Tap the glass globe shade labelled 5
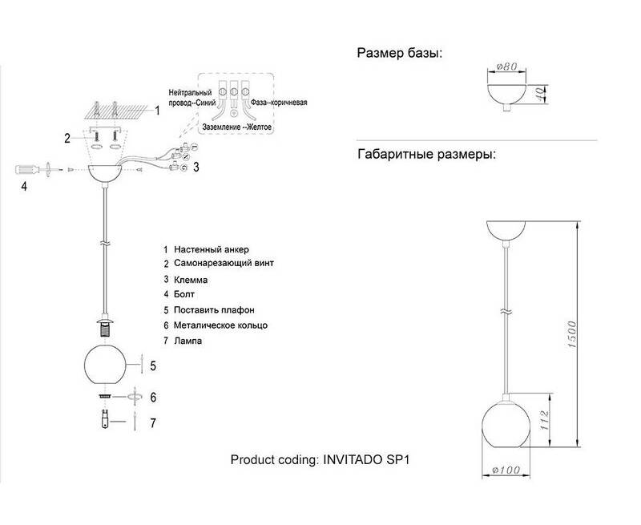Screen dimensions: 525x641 (x=106, y=364)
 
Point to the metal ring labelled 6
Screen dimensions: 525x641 (x=103, y=396)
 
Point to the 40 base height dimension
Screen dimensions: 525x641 (x=540, y=94)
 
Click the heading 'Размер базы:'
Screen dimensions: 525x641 (x=399, y=54)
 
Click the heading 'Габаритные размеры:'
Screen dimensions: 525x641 (x=426, y=153)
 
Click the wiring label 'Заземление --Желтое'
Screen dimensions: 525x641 (x=237, y=127)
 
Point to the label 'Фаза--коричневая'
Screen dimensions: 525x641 (x=279, y=103)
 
